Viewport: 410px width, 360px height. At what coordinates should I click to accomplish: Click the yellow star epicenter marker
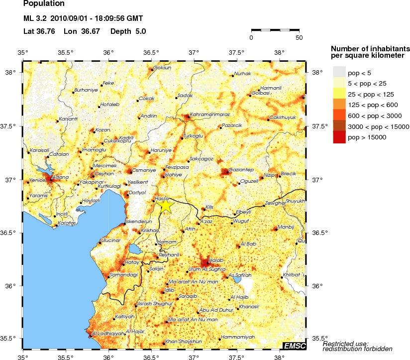165,205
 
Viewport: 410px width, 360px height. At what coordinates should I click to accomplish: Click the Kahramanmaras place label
209,114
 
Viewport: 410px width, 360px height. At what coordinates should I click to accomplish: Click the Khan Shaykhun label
183,341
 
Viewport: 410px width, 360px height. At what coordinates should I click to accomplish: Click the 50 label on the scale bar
299,37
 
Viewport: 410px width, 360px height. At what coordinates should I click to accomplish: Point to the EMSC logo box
295,346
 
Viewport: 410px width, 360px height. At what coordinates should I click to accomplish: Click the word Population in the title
44,4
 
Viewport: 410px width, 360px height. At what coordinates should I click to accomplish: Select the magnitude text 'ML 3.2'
34,19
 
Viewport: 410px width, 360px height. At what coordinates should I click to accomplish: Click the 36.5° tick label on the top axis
151,52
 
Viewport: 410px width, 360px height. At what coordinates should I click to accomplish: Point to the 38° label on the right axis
317,73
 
